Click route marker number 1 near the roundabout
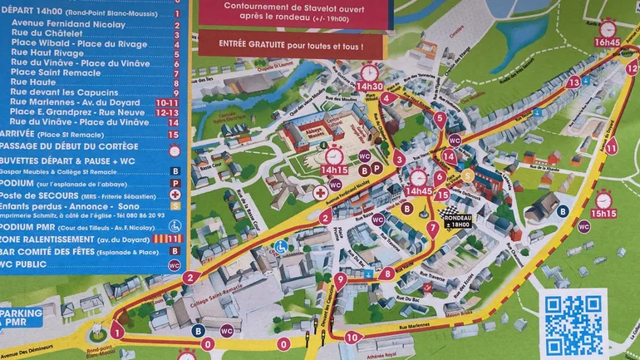tap(117, 333)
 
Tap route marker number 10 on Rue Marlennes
tap(352, 338)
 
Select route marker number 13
tap(573, 82)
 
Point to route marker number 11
tap(611, 149)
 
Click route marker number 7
tap(432, 227)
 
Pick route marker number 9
tap(340, 279)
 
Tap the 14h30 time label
tap(370, 86)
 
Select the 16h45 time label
tap(608, 42)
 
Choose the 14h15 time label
tap(335, 170)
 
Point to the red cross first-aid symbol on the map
tap(320, 193)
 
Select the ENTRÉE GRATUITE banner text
tap(290, 45)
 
